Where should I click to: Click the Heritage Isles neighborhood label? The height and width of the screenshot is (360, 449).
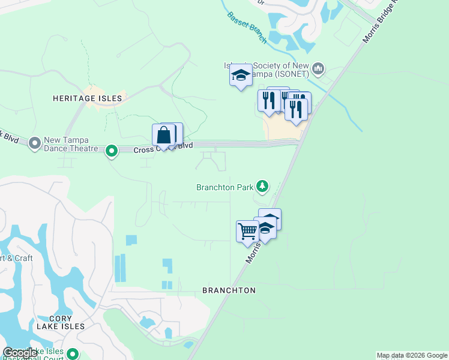[87, 98]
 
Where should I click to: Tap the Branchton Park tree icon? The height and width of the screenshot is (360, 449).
[262, 185]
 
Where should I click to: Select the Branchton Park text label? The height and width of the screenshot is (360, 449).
[224, 187]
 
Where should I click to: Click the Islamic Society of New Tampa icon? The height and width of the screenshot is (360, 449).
[318, 68]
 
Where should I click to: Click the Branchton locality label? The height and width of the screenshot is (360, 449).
[229, 290]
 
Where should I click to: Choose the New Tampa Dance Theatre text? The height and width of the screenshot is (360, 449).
[70, 144]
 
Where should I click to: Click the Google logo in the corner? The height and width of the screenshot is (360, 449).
[20, 353]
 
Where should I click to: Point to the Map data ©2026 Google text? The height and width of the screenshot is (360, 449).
[412, 355]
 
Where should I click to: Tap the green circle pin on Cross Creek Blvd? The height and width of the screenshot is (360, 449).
[111, 151]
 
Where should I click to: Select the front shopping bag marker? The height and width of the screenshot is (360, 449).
[164, 136]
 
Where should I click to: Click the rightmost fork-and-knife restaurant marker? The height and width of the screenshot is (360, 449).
[296, 110]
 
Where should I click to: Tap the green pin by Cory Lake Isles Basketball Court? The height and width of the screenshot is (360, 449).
[73, 353]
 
